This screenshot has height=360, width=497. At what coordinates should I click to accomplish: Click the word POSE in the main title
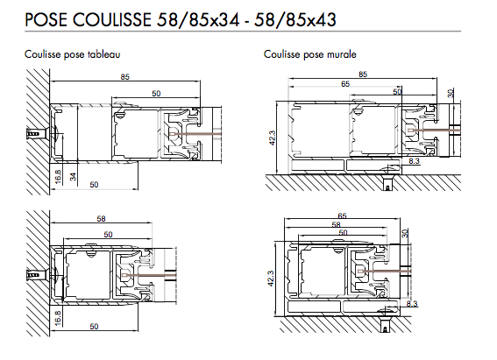coord(46,19)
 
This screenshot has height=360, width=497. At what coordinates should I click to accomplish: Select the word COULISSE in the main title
coord(112,19)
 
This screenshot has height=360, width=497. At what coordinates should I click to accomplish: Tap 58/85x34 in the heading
coord(198,20)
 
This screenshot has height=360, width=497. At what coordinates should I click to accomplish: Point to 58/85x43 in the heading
coord(295,20)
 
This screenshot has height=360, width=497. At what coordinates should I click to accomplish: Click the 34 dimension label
coord(74,177)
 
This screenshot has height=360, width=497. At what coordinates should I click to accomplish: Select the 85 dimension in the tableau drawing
coord(124,77)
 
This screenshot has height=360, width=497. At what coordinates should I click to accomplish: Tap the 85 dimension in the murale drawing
coord(363,74)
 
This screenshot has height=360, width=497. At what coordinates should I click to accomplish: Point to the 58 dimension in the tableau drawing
coord(101,218)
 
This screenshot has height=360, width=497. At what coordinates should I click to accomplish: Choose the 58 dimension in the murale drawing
coord(336,224)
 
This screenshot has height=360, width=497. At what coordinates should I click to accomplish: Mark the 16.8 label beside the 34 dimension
coord(58,177)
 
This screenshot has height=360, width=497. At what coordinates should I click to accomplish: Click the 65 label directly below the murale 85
coord(345,83)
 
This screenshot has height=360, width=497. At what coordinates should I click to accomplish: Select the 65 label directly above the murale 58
coord(343,216)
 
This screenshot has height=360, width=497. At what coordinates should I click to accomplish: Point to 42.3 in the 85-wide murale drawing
coord(272,138)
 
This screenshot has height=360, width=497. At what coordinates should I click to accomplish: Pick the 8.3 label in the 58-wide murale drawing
coord(412,304)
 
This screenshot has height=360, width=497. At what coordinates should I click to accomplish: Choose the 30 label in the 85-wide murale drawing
coord(451,93)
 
